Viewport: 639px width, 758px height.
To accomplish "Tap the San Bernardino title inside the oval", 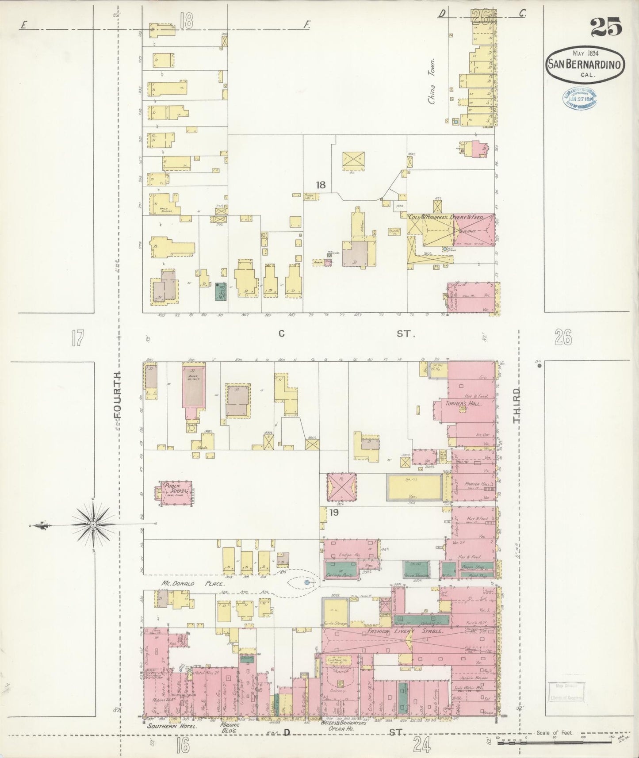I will click(x=585, y=64).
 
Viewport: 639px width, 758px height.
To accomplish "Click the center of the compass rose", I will click(x=93, y=525).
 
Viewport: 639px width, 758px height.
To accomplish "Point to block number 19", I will click(x=334, y=513).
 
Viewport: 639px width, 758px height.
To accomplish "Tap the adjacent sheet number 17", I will click(x=77, y=339).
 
